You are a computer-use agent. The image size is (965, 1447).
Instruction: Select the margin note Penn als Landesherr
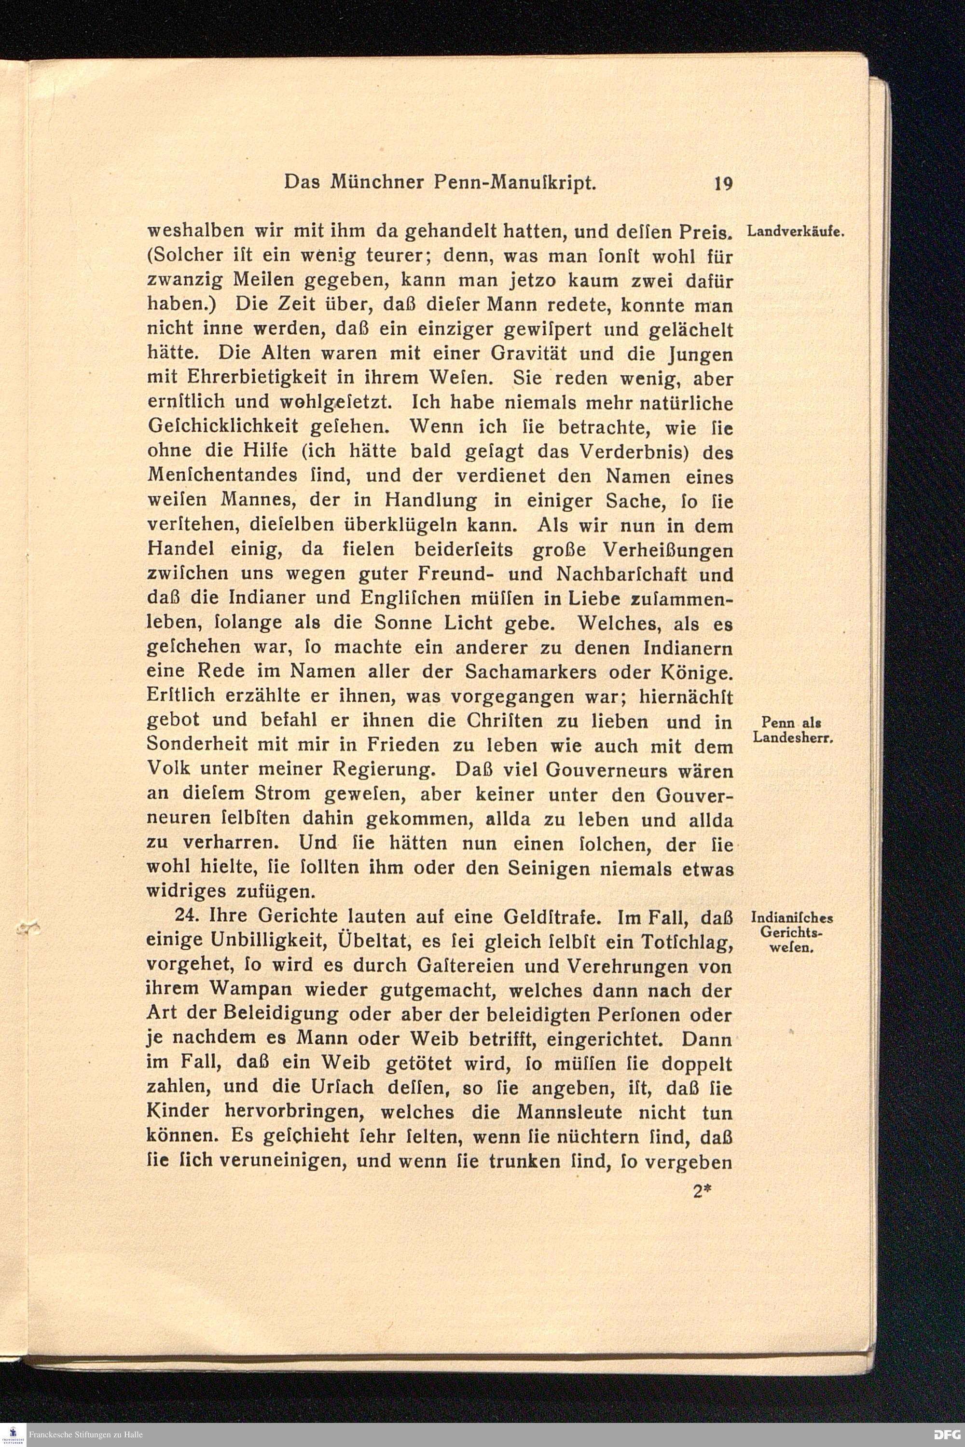pyautogui.click(x=793, y=730)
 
